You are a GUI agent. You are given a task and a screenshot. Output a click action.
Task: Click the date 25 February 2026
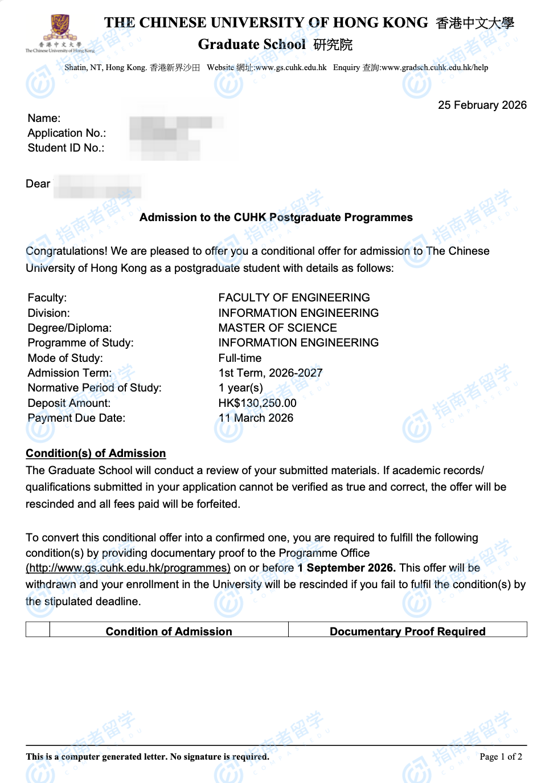pyautogui.click(x=482, y=105)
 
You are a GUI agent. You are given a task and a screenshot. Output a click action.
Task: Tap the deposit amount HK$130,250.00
pyautogui.click(x=257, y=403)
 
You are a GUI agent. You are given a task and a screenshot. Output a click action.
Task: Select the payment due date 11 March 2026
pyautogui.click(x=256, y=418)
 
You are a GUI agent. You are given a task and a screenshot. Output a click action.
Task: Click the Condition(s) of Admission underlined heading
pyautogui.click(x=96, y=453)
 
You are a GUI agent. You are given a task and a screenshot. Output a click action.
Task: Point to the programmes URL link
pyautogui.click(x=128, y=568)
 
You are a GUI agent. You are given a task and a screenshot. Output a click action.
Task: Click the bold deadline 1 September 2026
pyautogui.click(x=346, y=568)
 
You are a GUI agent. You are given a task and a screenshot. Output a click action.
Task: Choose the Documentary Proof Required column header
pyautogui.click(x=407, y=631)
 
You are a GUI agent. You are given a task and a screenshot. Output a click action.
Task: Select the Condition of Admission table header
pyautogui.click(x=169, y=631)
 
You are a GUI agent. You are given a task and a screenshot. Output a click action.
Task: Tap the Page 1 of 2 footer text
pyautogui.click(x=501, y=756)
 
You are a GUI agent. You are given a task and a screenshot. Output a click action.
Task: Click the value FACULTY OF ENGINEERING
pyautogui.click(x=294, y=297)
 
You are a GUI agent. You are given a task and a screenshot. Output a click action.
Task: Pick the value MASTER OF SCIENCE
pyautogui.click(x=277, y=328)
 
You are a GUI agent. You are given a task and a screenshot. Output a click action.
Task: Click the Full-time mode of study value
pyautogui.click(x=240, y=358)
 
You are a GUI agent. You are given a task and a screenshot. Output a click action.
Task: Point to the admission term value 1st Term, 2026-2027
pyautogui.click(x=270, y=373)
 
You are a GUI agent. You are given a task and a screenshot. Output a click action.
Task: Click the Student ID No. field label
pyautogui.click(x=66, y=148)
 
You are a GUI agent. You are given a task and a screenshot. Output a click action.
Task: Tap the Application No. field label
pyautogui.click(x=67, y=133)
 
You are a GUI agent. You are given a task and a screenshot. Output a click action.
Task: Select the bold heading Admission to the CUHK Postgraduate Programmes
pyautogui.click(x=276, y=217)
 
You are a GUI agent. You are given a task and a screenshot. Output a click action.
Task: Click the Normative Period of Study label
pyautogui.click(x=95, y=388)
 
